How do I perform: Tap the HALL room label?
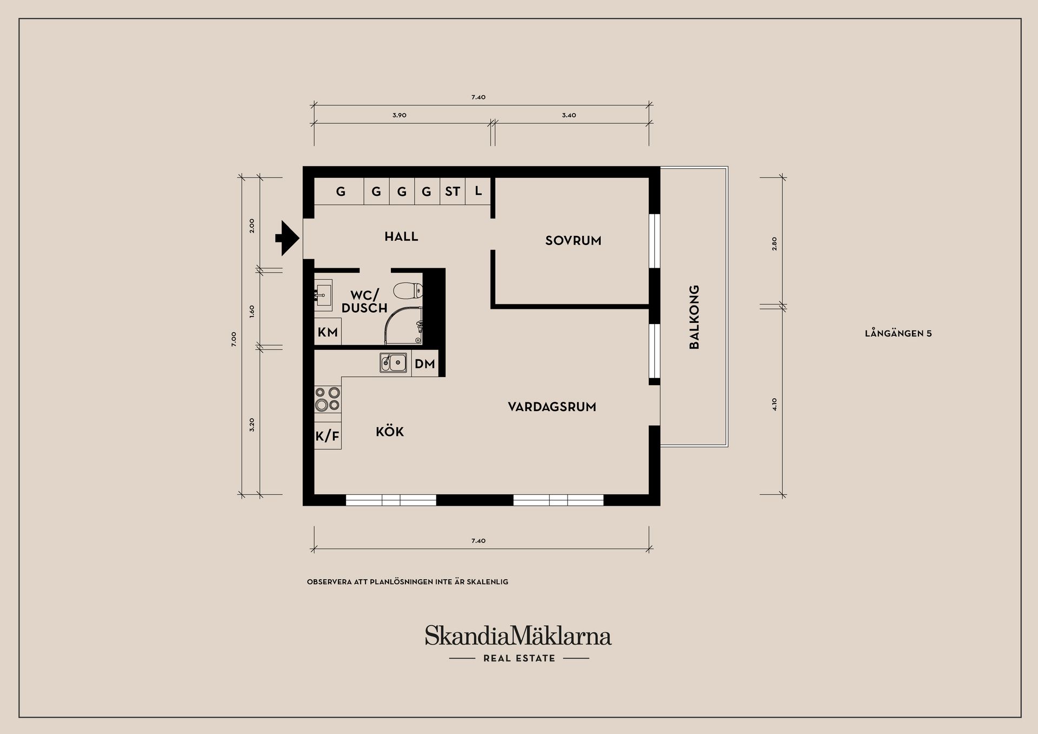coord(401,236)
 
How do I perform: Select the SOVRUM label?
coord(573,241)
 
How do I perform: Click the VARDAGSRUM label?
coord(552,407)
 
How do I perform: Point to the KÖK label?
coord(390,432)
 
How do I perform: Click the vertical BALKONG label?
coord(695,317)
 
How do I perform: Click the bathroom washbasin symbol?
coord(323,295)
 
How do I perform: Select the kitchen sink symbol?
coord(394,362)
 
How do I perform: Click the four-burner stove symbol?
coord(328,399)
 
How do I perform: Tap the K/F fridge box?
coord(328,436)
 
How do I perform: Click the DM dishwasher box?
coord(425,364)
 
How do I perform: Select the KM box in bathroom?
coord(328,332)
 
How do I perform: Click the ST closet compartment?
coord(453,191)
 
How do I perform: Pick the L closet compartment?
coord(478,191)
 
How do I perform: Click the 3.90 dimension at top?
coord(400,115)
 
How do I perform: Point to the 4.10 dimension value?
coord(774,404)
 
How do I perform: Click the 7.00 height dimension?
coord(234,339)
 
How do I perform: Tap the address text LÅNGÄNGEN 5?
coord(898,333)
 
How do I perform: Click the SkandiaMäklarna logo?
coord(518,636)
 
